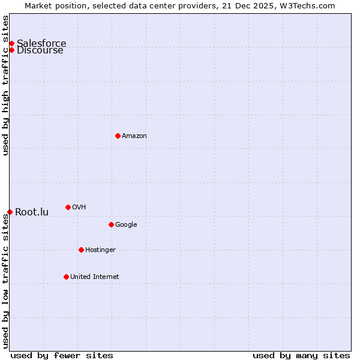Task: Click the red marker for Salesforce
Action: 11,43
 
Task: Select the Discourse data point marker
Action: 11,50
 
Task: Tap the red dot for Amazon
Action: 118,136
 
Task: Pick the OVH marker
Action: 68,207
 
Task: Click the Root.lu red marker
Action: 10,212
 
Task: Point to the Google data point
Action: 111,224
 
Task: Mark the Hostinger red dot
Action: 81,250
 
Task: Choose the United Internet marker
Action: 66,277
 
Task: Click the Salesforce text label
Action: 41,43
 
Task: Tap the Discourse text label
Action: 40,50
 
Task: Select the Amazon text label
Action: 134,136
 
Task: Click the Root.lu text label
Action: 32,212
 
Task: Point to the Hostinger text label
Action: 100,250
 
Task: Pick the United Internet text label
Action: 94,277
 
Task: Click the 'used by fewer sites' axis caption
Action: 62,355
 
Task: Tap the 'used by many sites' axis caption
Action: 301,355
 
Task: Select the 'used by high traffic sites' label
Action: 6,85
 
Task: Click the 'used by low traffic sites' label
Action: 6,281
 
